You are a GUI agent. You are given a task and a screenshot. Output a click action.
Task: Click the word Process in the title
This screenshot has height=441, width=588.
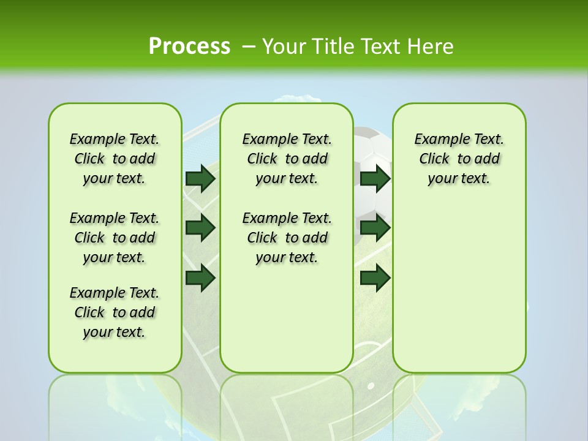click(189, 47)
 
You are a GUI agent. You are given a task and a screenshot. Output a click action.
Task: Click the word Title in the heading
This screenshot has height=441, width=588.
click(334, 47)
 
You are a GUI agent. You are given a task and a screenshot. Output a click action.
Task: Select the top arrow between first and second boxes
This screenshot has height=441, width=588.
click(200, 179)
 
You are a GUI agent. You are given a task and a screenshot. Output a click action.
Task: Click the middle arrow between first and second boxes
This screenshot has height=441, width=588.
click(200, 228)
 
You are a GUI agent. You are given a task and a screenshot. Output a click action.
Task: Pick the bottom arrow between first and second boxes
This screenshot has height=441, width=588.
click(200, 277)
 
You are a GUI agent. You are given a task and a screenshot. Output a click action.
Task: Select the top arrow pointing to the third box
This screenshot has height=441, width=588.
click(375, 179)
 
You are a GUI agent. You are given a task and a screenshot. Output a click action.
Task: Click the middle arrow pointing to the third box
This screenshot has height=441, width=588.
click(375, 228)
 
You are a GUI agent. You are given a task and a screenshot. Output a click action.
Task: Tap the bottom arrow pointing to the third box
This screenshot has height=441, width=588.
click(375, 277)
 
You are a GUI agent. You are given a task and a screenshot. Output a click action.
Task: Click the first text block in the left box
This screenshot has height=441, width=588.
click(115, 159)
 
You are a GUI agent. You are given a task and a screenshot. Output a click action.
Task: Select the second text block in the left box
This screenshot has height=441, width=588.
click(115, 238)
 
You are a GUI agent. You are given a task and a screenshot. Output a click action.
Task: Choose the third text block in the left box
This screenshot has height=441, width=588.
click(115, 312)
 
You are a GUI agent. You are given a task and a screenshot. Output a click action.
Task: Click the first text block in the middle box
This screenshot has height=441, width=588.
click(287, 159)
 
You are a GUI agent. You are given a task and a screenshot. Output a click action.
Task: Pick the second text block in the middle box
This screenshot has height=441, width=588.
click(287, 238)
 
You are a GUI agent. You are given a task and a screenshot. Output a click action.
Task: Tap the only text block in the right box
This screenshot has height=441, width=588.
click(459, 159)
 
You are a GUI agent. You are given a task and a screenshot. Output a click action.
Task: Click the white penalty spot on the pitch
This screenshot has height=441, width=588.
click(370, 386)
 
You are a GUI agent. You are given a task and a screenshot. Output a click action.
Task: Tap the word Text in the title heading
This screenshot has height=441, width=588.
click(381, 47)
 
